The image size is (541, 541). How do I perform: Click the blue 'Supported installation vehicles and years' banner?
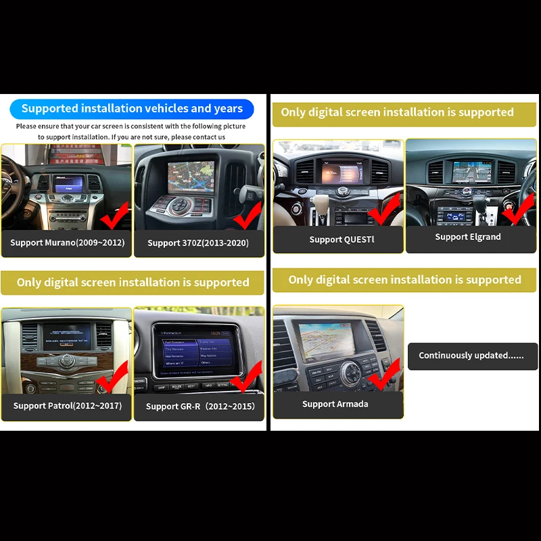(x=131, y=109)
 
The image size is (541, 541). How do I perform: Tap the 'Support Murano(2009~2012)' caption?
(x=68, y=242)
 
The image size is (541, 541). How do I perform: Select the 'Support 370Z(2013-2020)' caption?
(x=198, y=243)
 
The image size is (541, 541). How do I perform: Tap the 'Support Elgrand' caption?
(x=468, y=237)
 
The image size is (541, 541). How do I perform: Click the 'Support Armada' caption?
(x=335, y=404)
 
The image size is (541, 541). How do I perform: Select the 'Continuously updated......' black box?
(x=471, y=356)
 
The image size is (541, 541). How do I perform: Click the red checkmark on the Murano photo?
(x=114, y=216)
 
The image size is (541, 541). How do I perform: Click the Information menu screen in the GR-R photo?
(x=198, y=348)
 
